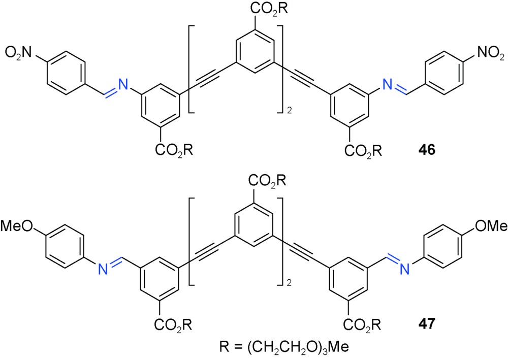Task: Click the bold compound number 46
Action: [427, 150]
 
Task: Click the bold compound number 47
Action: [427, 323]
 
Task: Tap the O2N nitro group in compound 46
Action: [18, 52]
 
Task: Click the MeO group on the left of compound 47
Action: [17, 226]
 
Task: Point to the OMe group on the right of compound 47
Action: [491, 226]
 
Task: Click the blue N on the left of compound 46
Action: [122, 84]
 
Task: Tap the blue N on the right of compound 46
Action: [388, 84]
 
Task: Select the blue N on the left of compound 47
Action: [103, 269]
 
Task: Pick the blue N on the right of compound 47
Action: [405, 269]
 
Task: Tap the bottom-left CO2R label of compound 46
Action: [174, 150]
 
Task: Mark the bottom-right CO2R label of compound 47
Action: [362, 324]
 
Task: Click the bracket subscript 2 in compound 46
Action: [290, 111]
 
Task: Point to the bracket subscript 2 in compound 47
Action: [290, 283]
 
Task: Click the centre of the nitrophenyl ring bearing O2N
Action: [67, 73]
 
